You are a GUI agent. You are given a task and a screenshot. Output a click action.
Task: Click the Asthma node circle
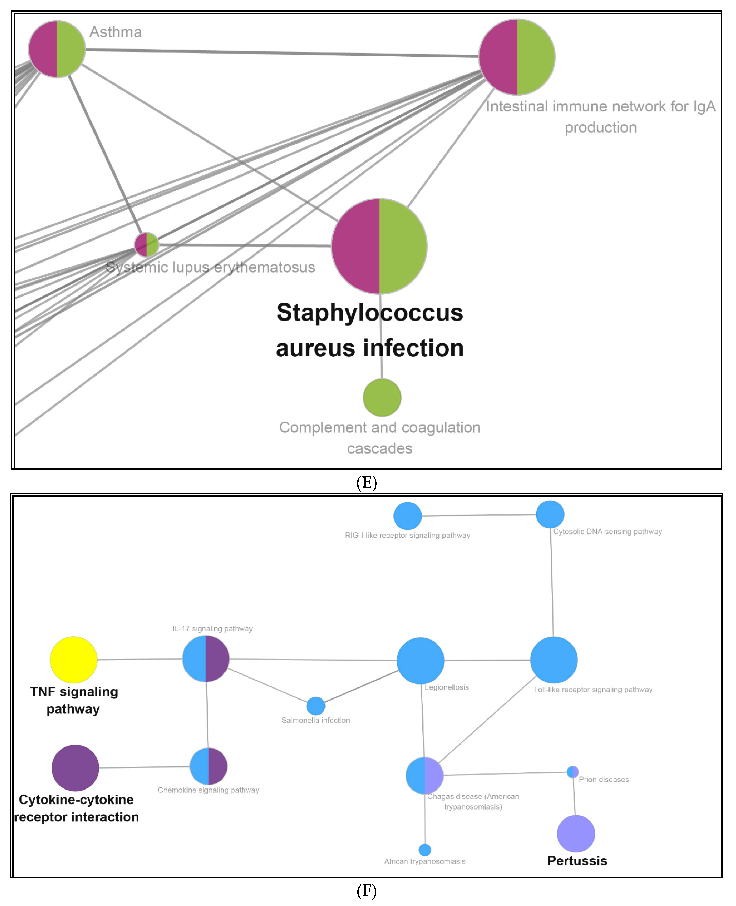57,49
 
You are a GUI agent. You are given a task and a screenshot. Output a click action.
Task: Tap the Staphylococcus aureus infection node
379,246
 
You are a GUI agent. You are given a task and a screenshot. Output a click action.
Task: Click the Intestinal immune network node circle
517,57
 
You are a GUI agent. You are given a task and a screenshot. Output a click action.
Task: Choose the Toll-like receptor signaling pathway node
554,660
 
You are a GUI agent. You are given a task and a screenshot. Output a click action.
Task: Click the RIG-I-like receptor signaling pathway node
407,516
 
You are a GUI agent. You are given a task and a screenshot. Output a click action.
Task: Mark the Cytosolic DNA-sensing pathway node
550,514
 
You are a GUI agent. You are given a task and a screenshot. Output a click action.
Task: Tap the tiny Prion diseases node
573,772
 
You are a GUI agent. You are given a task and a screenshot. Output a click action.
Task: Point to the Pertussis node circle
576,834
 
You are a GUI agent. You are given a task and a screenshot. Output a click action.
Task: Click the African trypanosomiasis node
425,850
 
